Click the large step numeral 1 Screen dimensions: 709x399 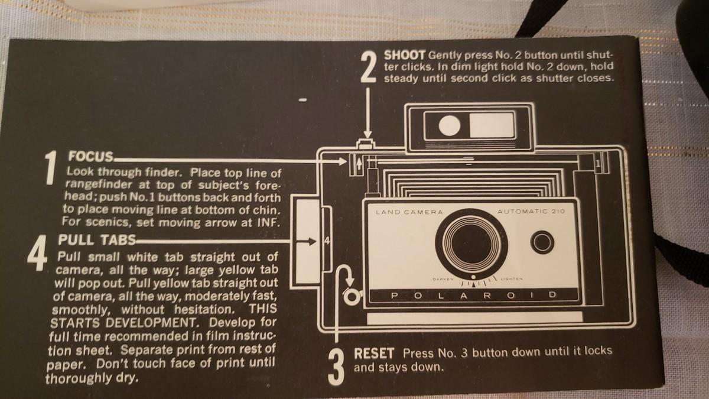pyautogui.click(x=50, y=167)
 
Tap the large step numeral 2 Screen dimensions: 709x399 pyautogui.click(x=369, y=67)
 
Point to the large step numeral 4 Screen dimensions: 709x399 pyautogui.click(x=37, y=253)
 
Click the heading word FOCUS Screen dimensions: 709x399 pyautogui.click(x=91, y=157)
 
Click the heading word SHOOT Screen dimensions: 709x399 pyautogui.click(x=405, y=56)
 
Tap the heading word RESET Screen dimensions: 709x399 pyautogui.click(x=374, y=353)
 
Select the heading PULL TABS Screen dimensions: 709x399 pyautogui.click(x=97, y=240)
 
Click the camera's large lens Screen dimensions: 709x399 pyautogui.click(x=471, y=244)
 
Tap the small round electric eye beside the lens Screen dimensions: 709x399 pyautogui.click(x=542, y=242)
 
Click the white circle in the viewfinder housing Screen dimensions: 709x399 pyautogui.click(x=450, y=125)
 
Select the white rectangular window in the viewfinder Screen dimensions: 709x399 pyautogui.click(x=492, y=125)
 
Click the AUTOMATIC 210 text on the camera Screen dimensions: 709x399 pyautogui.click(x=531, y=211)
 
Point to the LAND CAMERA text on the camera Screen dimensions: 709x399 pyautogui.click(x=409, y=212)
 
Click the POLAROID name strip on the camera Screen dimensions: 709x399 pyautogui.click(x=474, y=296)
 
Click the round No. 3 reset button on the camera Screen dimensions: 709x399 pyautogui.click(x=352, y=297)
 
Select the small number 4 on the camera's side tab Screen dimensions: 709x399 pyautogui.click(x=327, y=241)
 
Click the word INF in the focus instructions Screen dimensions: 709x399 pyautogui.click(x=269, y=222)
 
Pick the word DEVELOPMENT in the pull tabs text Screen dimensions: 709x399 pyautogui.click(x=151, y=322)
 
